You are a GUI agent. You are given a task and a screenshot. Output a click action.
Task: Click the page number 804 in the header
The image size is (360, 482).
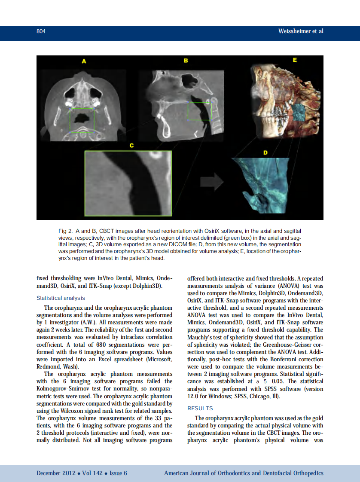[x=41, y=31]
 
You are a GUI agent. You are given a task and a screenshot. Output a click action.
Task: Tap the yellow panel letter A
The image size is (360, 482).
[x=84, y=61]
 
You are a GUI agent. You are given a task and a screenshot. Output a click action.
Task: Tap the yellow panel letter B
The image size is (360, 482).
[x=186, y=61]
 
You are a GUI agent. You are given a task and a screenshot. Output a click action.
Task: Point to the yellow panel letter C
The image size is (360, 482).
[x=131, y=146]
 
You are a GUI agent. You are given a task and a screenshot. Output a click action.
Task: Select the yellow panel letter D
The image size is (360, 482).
[x=265, y=153]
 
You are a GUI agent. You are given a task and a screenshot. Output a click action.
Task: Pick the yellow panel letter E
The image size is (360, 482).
[x=295, y=60]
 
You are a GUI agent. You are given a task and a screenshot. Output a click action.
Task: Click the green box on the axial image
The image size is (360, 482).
[x=82, y=120]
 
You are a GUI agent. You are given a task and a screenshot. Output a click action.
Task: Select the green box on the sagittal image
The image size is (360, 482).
[x=200, y=111]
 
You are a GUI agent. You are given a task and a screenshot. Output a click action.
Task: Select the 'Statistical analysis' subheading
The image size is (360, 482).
[x=61, y=298]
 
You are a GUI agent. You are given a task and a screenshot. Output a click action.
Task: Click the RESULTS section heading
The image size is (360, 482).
[x=200, y=408]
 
